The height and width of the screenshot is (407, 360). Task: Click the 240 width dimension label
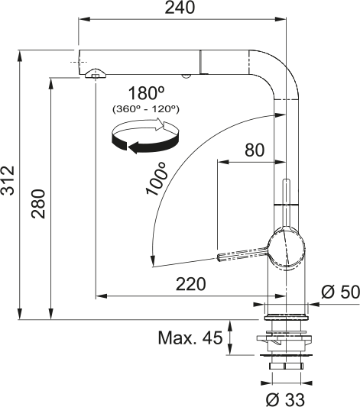180,8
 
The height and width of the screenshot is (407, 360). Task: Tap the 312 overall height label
8,180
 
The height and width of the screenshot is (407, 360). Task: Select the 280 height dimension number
38,204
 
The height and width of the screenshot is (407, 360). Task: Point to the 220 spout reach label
190,284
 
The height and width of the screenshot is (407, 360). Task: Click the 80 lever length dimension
255,150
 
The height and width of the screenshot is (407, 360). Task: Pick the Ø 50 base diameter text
341,292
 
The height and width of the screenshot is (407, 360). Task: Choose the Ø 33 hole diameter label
285,399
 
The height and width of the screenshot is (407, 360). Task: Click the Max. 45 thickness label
190,338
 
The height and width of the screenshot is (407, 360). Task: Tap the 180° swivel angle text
147,93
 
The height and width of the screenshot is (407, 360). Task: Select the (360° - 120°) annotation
146,109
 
